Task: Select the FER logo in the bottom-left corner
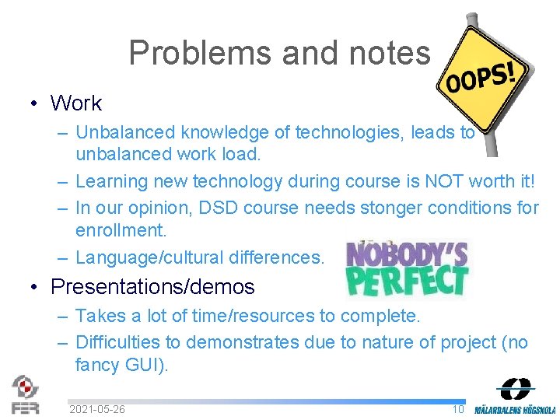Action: (25, 394)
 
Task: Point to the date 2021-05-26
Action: (97, 409)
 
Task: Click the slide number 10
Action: (458, 409)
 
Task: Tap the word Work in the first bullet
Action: (76, 103)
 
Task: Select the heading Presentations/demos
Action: (152, 287)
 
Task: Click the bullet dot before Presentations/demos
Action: (35, 288)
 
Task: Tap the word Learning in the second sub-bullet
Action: (110, 181)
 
